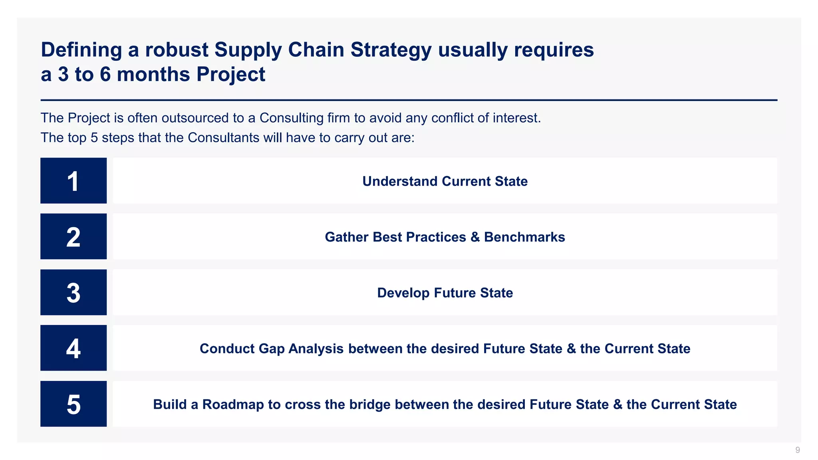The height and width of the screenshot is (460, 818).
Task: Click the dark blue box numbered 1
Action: tap(73, 180)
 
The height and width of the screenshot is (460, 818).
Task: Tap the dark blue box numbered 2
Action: tap(73, 236)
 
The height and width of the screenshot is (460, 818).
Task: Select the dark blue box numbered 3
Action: tap(73, 292)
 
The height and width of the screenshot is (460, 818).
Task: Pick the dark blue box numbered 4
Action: tap(73, 348)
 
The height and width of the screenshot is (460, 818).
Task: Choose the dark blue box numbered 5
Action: tap(73, 404)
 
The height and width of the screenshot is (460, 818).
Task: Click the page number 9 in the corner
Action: tap(797, 450)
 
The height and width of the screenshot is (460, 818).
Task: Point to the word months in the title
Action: tap(153, 75)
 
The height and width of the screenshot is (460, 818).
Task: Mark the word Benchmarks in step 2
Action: tap(524, 237)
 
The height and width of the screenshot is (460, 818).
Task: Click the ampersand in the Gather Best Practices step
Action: tap(475, 237)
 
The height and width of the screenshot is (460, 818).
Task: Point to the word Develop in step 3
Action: tap(403, 293)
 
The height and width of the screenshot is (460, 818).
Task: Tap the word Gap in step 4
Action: tap(271, 349)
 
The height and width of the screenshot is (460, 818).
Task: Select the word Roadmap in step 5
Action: tap(233, 404)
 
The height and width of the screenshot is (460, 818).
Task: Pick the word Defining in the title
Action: tap(81, 50)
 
